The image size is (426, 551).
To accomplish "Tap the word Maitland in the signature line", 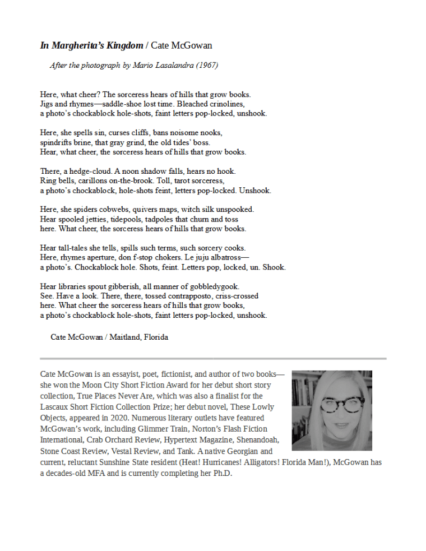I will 125,337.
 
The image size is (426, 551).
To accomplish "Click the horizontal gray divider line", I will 213,358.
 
